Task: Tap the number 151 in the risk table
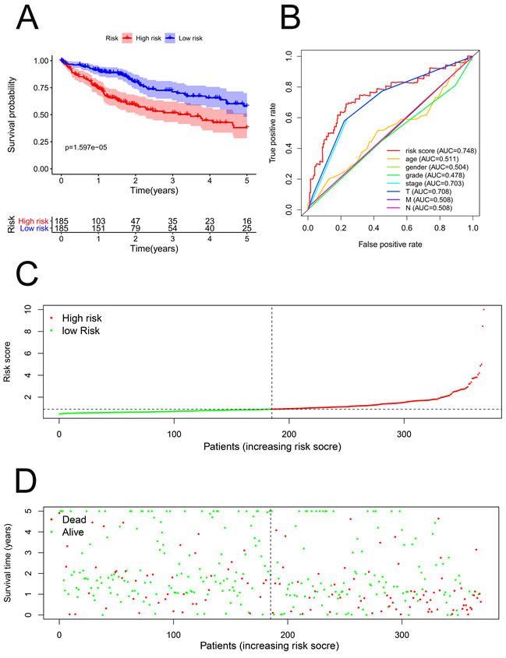pyautogui.click(x=98, y=229)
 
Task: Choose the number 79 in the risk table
pyautogui.click(x=135, y=229)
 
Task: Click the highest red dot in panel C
pyautogui.click(x=483, y=309)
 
